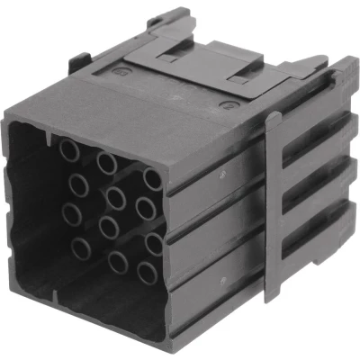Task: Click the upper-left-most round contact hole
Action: point(70,150)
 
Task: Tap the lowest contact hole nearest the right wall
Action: point(147,273)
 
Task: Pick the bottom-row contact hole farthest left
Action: point(81,248)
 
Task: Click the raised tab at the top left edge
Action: point(78,63)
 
